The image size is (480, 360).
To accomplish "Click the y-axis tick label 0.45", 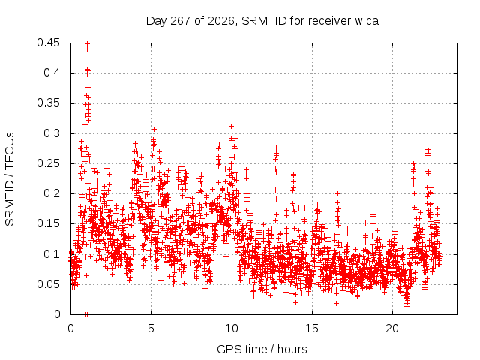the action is [48, 43].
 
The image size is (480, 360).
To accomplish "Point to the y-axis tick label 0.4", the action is [52, 73].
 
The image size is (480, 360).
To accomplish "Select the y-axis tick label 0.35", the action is [48, 103].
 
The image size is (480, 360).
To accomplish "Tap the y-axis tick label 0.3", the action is [52, 133].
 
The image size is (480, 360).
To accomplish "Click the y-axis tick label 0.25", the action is [48, 163].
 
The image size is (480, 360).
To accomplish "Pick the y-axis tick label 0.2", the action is [52, 193].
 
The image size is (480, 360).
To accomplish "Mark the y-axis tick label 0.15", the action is [48, 223].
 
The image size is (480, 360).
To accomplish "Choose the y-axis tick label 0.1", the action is [52, 254].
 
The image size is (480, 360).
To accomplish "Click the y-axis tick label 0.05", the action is [48, 284].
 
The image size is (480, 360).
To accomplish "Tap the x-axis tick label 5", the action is [151, 328].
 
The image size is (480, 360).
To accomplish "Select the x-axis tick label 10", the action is [232, 328].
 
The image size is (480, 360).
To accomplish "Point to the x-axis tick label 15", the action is [312, 328].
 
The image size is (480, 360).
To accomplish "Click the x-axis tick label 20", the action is [392, 328].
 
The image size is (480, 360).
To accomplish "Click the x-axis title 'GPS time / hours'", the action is [262, 349].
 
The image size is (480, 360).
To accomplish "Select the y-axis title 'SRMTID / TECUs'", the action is [10, 179].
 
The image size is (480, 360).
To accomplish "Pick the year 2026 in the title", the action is [221, 21].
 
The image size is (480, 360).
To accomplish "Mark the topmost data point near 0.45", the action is [87, 43].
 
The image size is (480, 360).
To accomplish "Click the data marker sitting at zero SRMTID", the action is [87, 314].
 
